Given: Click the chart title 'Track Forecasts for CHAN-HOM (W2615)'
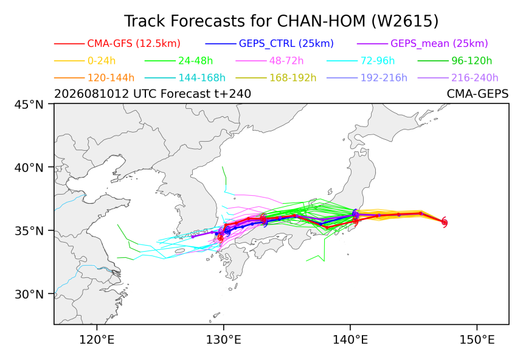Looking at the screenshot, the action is click(x=281, y=21).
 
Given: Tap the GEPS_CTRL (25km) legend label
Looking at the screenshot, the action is click(x=286, y=43).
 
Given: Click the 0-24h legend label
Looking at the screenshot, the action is click(x=102, y=61).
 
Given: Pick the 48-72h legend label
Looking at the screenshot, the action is click(x=286, y=61).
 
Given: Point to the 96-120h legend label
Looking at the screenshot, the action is click(x=472, y=61).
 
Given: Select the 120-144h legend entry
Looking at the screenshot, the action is click(x=111, y=78).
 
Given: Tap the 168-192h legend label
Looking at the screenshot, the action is click(x=293, y=78).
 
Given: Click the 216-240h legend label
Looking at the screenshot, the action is click(x=474, y=78).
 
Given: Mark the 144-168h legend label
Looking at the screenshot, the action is click(x=202, y=78).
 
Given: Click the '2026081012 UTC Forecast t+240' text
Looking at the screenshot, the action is click(x=153, y=94).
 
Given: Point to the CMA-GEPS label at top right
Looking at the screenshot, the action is click(x=477, y=94).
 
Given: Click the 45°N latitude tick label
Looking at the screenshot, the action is click(x=29, y=105).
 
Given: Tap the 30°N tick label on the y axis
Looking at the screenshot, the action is click(x=29, y=294).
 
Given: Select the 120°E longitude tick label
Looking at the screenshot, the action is click(x=97, y=340).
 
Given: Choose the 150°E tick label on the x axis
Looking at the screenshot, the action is click(x=477, y=340).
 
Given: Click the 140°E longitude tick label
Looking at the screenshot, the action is click(x=350, y=340).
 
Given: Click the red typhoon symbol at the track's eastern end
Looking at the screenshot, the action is click(x=445, y=222).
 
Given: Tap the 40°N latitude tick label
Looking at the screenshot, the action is click(x=29, y=167).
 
